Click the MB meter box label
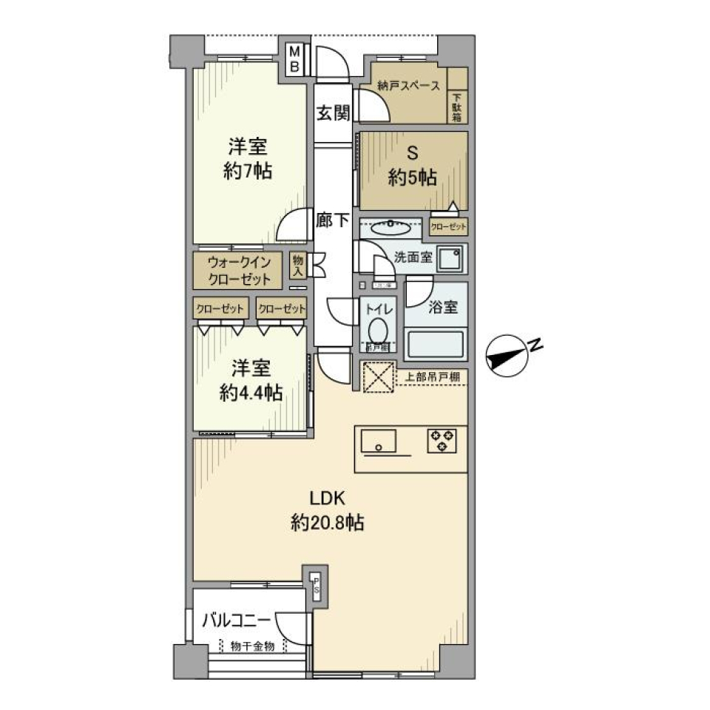[x=294, y=58]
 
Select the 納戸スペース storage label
[x=408, y=86]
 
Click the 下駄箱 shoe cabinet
[x=457, y=107]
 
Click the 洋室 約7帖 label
[x=248, y=159]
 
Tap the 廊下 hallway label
[x=332, y=220]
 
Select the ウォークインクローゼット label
[x=238, y=271]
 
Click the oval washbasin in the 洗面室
[x=389, y=229]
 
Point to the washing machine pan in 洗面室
[x=449, y=259]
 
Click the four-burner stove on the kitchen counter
[x=442, y=441]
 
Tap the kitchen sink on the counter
[x=378, y=442]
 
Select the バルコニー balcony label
[x=238, y=620]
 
